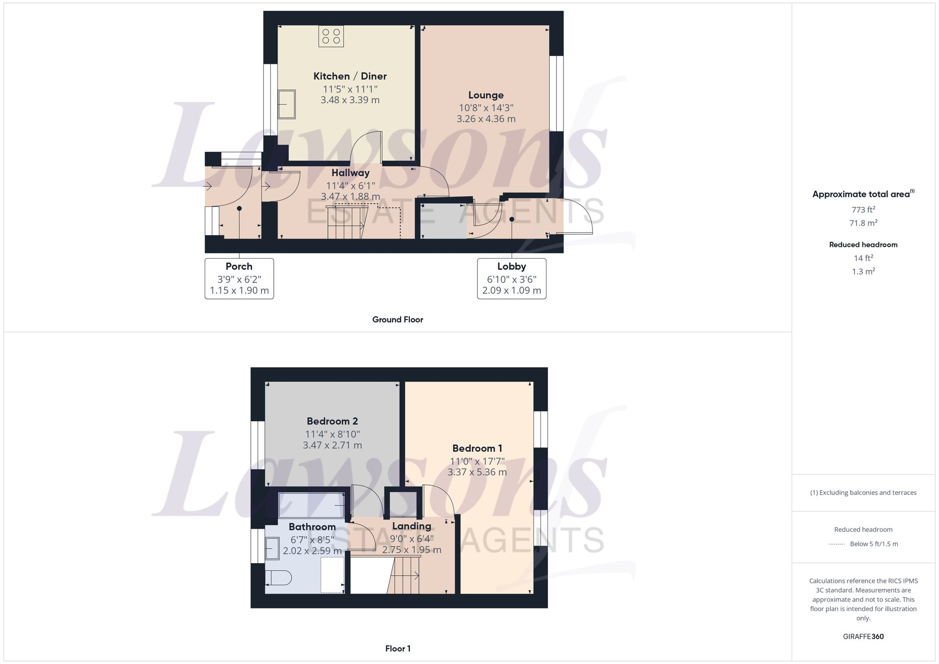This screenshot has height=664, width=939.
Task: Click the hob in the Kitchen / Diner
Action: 331,36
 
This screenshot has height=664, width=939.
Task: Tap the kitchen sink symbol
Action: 286,104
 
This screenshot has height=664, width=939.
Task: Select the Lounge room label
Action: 486,95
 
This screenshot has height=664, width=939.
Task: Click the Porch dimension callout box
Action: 239,278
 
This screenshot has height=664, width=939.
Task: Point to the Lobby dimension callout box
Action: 511,278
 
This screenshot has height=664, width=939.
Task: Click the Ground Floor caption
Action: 398,320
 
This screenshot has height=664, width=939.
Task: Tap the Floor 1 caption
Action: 398,649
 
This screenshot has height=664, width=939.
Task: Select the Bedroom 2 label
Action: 332,421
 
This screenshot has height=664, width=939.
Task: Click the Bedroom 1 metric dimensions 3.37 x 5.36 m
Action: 477,472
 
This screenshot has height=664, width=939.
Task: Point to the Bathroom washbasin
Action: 272,548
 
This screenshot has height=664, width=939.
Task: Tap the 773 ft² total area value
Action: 863,210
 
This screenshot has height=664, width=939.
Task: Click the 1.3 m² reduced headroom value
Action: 863,271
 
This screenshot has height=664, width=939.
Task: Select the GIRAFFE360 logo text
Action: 863,636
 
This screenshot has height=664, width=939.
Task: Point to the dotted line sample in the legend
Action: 837,544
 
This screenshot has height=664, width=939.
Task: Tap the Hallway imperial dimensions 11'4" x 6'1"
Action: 350,185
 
